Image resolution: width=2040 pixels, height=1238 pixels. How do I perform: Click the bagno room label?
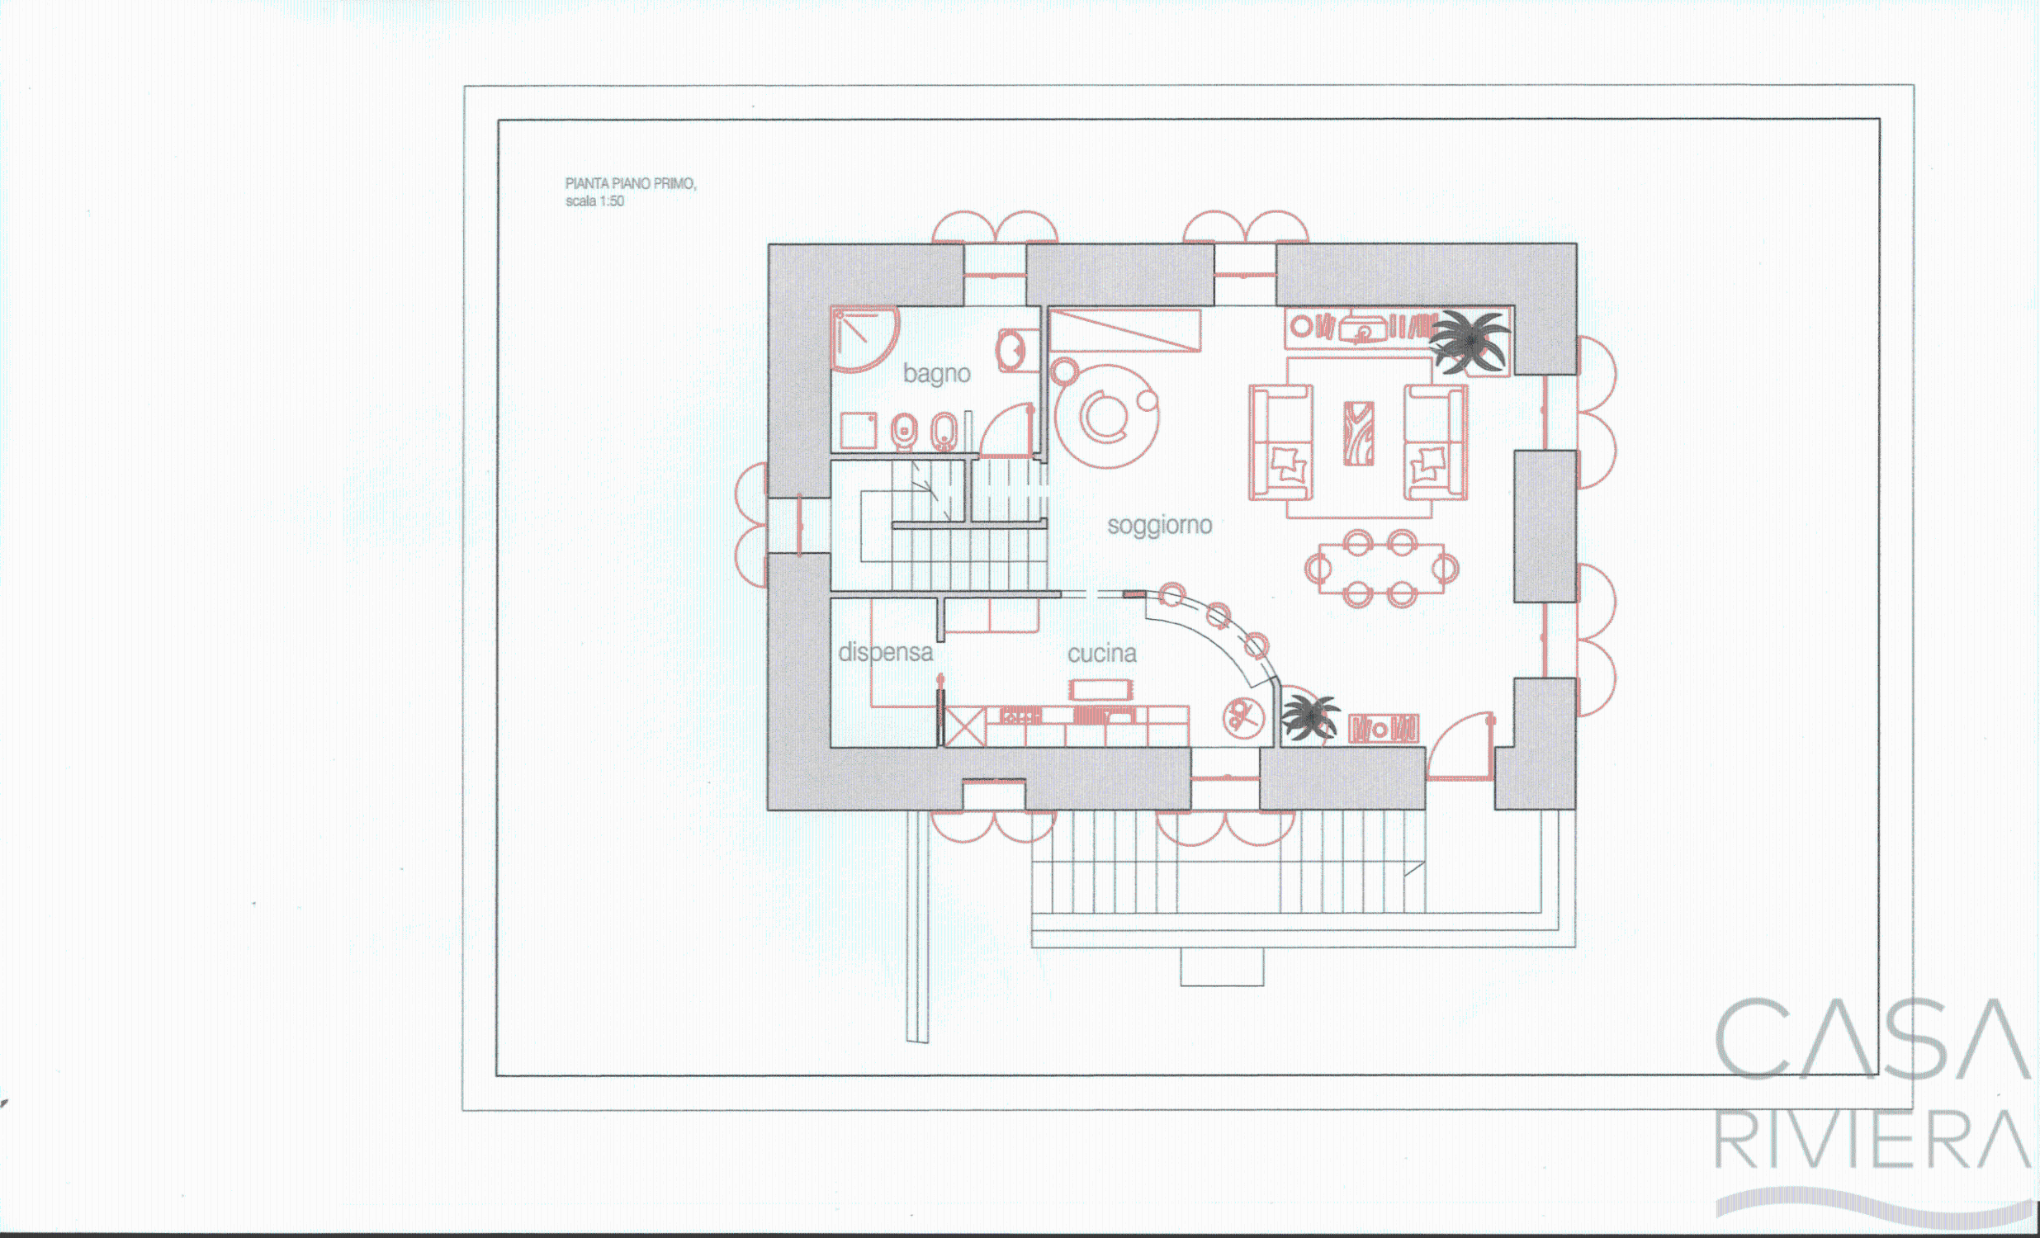tap(936, 374)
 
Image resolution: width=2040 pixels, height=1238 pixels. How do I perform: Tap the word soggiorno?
tap(1159, 526)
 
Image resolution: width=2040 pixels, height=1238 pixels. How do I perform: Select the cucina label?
tap(1101, 654)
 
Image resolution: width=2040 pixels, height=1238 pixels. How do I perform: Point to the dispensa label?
tap(885, 653)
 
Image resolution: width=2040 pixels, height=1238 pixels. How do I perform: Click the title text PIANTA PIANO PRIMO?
tap(630, 184)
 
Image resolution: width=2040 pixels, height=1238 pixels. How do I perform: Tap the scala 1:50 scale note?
tap(594, 201)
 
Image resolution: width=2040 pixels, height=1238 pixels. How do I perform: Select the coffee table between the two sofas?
tap(1359, 433)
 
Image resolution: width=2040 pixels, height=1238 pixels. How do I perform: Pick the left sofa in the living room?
tap(1280, 442)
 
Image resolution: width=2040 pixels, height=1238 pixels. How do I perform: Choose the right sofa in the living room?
tap(1436, 442)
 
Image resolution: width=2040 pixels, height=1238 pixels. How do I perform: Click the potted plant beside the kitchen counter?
tap(1309, 716)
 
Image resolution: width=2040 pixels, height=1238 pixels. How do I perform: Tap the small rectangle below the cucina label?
tap(1100, 689)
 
